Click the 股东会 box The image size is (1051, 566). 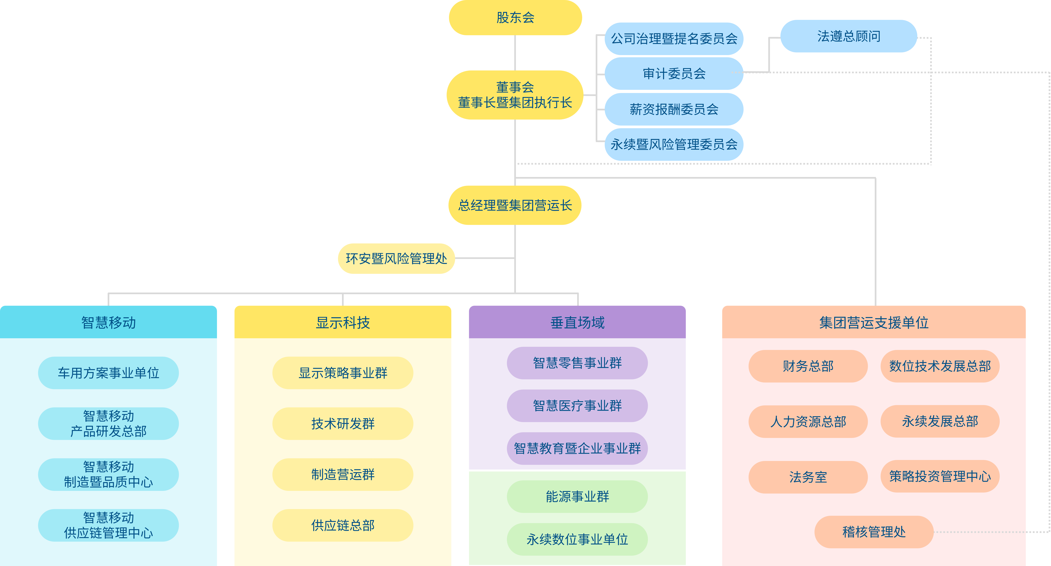pos(515,18)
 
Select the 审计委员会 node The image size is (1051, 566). pos(674,73)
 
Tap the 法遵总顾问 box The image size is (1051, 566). pos(849,36)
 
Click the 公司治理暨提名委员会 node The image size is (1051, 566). pos(674,39)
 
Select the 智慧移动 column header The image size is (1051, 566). pos(108,322)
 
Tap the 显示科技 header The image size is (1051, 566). pos(343,322)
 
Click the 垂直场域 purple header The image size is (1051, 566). pos(577,322)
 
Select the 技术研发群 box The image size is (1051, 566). pos(343,424)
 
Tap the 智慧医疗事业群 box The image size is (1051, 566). pos(577,406)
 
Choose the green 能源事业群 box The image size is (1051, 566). pos(577,497)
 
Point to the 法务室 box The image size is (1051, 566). pos(808,477)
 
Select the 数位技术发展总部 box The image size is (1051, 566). pos(940,366)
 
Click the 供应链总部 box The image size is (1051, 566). pos(343,525)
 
